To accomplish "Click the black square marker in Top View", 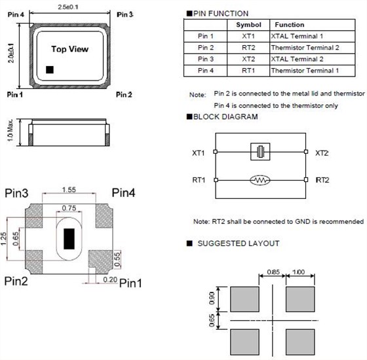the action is [x=50, y=69].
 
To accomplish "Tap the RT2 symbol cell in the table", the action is [x=248, y=48].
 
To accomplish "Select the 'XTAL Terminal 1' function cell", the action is [x=312, y=36].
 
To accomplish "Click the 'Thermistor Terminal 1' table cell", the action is [x=312, y=71].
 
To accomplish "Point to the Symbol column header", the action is [x=248, y=25].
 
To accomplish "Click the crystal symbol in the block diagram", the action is [x=260, y=152].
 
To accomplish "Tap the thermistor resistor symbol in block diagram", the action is [x=260, y=180].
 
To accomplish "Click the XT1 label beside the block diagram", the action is [x=198, y=153].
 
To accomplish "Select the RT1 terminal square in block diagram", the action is [x=216, y=180].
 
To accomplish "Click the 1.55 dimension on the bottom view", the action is [x=69, y=190].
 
